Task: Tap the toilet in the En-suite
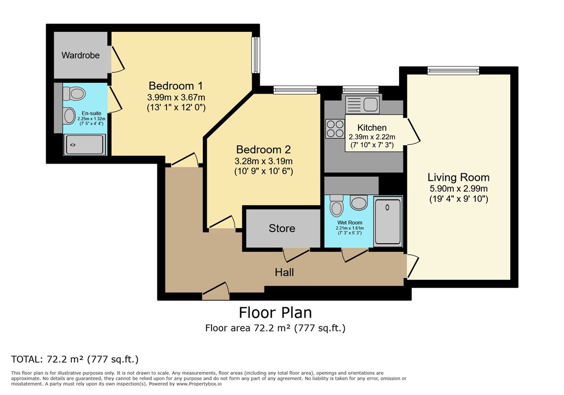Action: (77, 94)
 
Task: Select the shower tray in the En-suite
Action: (84, 144)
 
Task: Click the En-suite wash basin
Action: (69, 115)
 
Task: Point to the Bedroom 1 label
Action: (176, 86)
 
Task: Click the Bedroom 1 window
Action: (255, 55)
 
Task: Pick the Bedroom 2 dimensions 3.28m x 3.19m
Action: (263, 161)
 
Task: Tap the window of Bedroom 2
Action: (295, 90)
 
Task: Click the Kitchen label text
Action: (372, 127)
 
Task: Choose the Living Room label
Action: (458, 177)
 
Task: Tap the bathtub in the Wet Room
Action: (388, 221)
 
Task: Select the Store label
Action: (282, 228)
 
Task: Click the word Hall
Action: (284, 272)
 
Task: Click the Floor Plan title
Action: (275, 313)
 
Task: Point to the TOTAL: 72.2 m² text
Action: (75, 359)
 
